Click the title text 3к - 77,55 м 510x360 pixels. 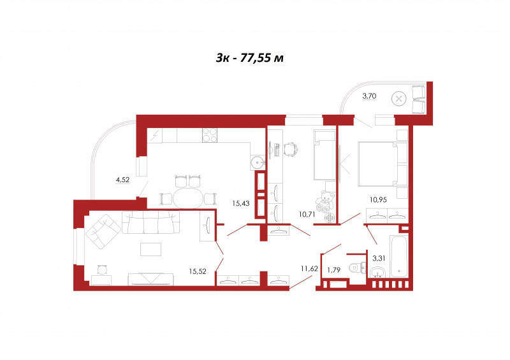[249, 57]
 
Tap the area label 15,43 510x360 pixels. [241, 204]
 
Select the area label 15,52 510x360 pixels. [198, 271]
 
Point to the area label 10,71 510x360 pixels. [307, 214]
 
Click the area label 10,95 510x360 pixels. [378, 199]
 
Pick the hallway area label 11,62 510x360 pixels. [309, 269]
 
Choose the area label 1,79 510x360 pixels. [333, 270]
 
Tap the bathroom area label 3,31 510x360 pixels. [379, 258]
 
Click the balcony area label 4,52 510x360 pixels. [122, 180]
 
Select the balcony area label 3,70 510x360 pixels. [369, 96]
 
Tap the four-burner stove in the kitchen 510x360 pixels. [210, 135]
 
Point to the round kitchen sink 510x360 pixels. [258, 161]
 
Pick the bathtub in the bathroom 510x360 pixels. [398, 257]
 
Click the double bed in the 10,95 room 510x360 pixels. [378, 164]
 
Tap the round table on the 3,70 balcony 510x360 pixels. [399, 99]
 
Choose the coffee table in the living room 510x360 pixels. [150, 249]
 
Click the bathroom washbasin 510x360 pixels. [377, 273]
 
